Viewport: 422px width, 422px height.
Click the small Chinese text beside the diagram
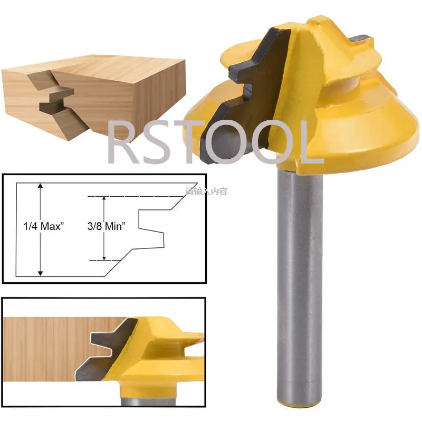206,191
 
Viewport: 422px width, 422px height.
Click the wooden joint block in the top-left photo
95,90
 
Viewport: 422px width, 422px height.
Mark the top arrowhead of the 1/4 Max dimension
40,186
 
